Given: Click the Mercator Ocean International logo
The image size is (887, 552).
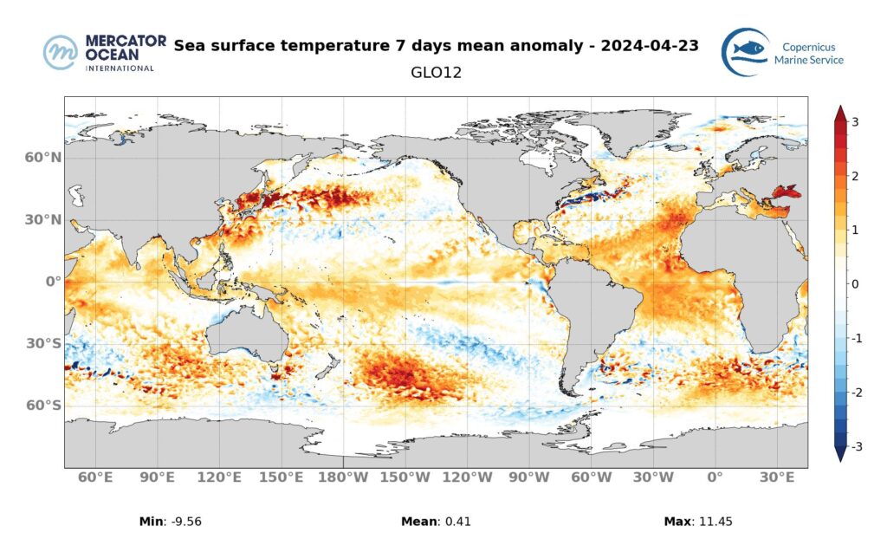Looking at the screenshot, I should [x=99, y=53].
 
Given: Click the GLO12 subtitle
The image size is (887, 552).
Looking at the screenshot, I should [x=436, y=74].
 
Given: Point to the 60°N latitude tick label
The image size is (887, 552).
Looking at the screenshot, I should [x=43, y=158].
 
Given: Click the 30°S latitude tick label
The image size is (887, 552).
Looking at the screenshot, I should [x=43, y=343].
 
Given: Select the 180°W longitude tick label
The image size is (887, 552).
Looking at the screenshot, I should [x=343, y=477].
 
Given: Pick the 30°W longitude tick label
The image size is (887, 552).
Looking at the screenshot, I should [x=652, y=477].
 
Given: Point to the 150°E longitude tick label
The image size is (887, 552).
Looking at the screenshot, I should [x=282, y=477].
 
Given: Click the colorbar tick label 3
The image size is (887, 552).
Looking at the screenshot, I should [x=855, y=122].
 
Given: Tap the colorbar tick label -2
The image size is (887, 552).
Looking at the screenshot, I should [x=853, y=393].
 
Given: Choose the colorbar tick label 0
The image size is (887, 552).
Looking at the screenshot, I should [x=855, y=284].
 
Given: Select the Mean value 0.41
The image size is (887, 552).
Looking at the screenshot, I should [x=456, y=522].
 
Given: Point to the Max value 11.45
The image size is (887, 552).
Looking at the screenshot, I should [x=715, y=522].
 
